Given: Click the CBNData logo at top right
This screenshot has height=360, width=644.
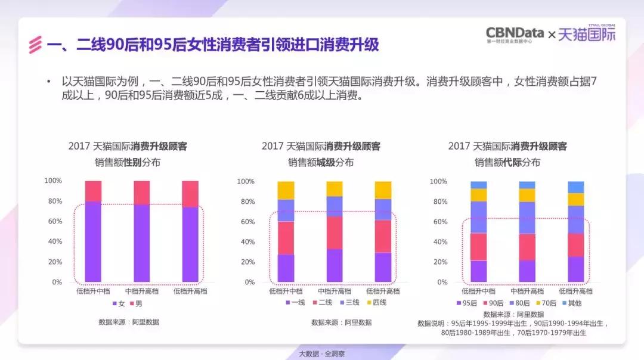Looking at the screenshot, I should click(x=515, y=35).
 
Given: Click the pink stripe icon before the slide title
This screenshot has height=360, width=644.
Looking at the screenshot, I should click(x=36, y=45).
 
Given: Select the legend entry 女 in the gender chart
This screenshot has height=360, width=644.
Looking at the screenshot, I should click(x=117, y=304).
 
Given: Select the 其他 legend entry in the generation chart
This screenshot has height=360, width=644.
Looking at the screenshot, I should click(x=571, y=303).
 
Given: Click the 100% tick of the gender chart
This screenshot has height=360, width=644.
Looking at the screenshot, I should click(x=53, y=181).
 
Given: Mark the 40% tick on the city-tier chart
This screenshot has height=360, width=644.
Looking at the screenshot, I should click(x=247, y=242).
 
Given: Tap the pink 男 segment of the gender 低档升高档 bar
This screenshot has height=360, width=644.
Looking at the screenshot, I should click(x=190, y=194).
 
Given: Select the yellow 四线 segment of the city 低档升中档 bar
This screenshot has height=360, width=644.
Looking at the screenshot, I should click(x=286, y=190).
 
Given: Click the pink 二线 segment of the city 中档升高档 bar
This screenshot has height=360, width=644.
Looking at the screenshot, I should click(x=335, y=232).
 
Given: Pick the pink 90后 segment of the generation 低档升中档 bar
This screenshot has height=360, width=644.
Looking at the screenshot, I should click(x=479, y=247).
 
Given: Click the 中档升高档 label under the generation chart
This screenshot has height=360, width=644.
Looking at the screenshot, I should click(x=527, y=291).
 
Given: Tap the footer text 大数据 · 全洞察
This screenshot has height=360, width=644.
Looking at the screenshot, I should click(x=322, y=353).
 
